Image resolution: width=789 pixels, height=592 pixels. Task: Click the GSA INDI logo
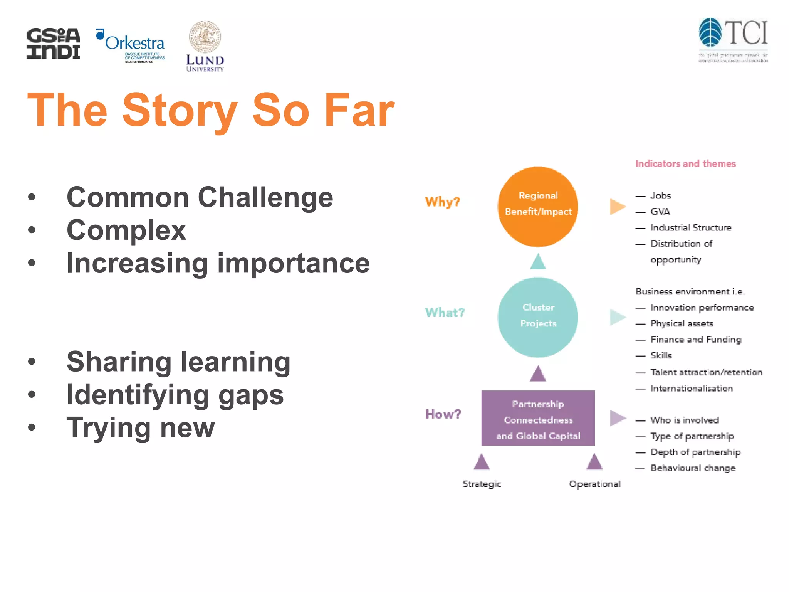(x=53, y=44)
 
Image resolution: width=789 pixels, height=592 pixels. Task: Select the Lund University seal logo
(x=205, y=46)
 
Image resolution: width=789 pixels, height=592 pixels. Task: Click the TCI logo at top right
(x=733, y=40)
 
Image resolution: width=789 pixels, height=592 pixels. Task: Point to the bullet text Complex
(x=126, y=230)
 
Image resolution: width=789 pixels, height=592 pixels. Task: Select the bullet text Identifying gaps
(x=175, y=395)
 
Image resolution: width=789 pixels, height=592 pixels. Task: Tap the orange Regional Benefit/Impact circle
(x=538, y=207)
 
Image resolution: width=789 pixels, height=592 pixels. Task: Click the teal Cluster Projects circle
(x=538, y=317)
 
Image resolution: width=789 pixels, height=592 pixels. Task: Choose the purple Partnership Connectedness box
(x=538, y=419)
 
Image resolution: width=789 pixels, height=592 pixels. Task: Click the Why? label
(x=442, y=202)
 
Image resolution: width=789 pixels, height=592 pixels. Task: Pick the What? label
(x=445, y=312)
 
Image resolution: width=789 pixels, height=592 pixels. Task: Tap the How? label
(x=443, y=414)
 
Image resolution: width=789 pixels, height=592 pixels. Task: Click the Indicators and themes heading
(x=685, y=164)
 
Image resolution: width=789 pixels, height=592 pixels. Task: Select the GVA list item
(x=660, y=212)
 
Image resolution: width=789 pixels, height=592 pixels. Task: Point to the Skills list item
(x=661, y=355)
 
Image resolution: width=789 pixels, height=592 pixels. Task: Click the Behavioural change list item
(x=693, y=468)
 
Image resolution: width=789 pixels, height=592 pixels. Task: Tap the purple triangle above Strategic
(x=482, y=462)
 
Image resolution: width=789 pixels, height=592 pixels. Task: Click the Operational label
(x=594, y=484)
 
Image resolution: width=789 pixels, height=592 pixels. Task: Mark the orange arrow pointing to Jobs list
(x=617, y=207)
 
